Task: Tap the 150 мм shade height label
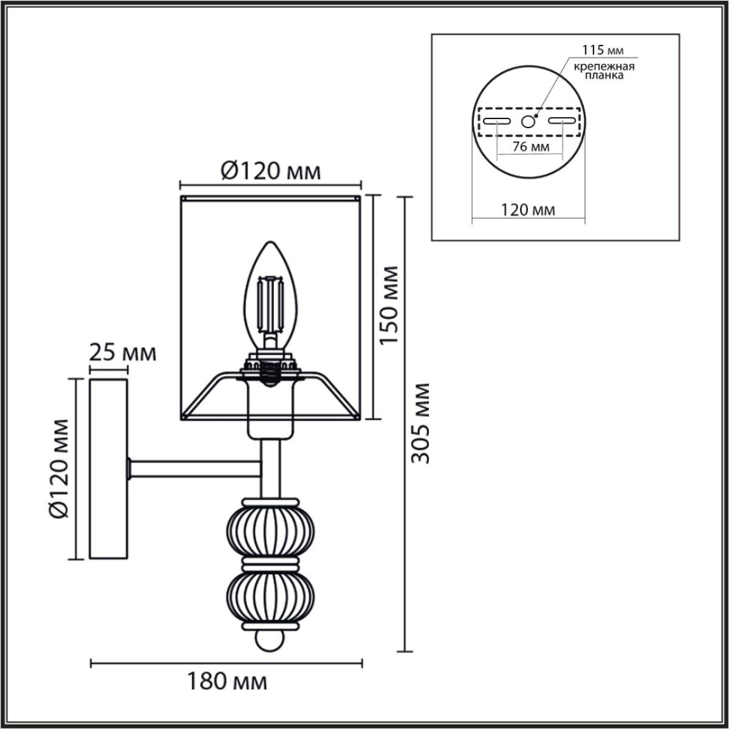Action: tap(389, 305)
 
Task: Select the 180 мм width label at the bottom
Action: tap(226, 681)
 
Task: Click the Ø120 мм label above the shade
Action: tap(270, 172)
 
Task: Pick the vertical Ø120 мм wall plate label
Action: tap(60, 468)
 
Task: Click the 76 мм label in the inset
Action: tap(527, 148)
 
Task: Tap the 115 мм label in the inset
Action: tap(603, 50)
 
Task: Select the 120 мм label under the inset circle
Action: tap(527, 210)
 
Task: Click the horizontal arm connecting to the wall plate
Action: tap(194, 468)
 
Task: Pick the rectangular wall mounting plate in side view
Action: tap(109, 468)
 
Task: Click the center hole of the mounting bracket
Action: tap(528, 122)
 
